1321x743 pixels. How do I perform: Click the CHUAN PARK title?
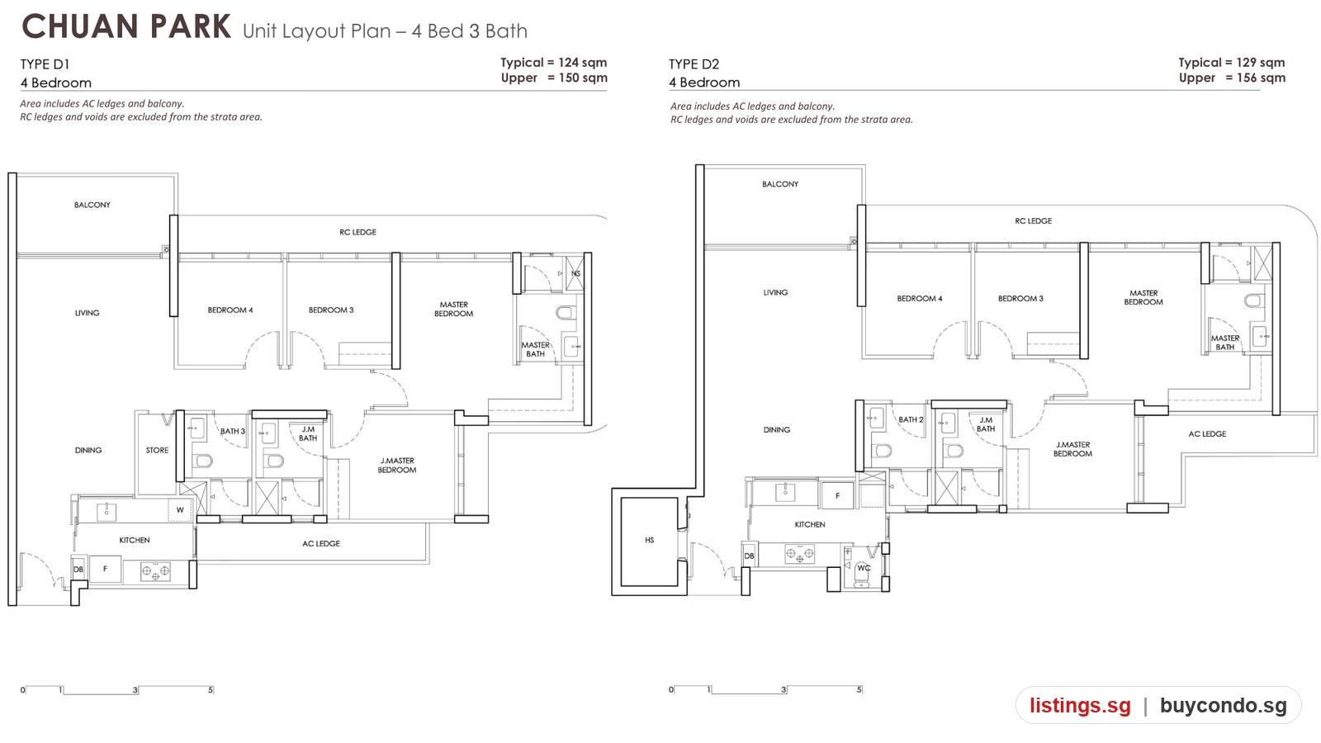click(x=126, y=27)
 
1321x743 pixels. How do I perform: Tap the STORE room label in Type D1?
click(x=157, y=450)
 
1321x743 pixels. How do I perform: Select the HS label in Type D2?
click(x=649, y=540)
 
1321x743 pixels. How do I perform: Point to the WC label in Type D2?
click(x=864, y=568)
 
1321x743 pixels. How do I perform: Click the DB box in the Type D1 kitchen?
click(x=78, y=569)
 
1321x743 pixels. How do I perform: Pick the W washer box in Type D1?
click(x=180, y=510)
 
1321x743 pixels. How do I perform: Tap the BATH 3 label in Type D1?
click(x=233, y=431)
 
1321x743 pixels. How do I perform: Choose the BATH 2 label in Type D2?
click(x=911, y=419)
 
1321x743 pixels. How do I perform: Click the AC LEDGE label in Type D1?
click(x=321, y=543)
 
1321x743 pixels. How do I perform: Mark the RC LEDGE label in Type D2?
click(x=1033, y=220)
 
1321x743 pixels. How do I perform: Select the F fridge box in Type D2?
click(x=837, y=495)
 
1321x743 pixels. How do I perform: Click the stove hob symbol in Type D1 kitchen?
click(x=155, y=570)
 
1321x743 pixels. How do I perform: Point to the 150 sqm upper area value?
click(x=583, y=78)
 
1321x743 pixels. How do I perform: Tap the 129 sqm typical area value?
click(x=1260, y=63)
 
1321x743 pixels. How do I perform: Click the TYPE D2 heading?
click(x=694, y=64)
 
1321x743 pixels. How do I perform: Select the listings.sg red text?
click(x=1081, y=705)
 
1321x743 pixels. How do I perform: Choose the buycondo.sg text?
click(x=1223, y=705)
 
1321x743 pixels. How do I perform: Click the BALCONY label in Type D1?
click(x=92, y=205)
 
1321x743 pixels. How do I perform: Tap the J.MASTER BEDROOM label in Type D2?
click(x=1072, y=449)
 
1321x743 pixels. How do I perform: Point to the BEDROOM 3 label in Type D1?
click(x=331, y=310)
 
